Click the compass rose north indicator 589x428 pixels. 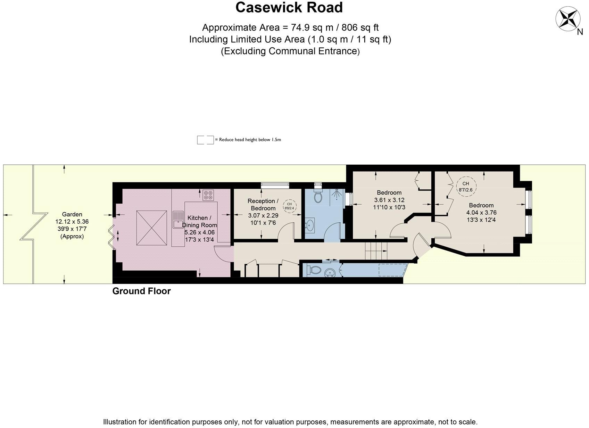pyautogui.click(x=568, y=19)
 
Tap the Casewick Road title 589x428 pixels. pyautogui.click(x=289, y=8)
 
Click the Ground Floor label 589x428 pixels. pyautogui.click(x=141, y=291)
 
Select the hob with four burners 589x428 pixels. pyautogui.click(x=208, y=195)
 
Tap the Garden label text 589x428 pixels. pyautogui.click(x=72, y=214)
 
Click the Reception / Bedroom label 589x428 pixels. pyautogui.click(x=263, y=205)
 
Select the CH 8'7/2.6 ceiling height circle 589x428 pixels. pyautogui.click(x=465, y=187)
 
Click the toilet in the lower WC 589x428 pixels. pyautogui.click(x=314, y=270)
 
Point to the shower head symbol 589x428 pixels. pyautogui.click(x=337, y=195)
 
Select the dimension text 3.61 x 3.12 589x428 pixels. pyautogui.click(x=389, y=200)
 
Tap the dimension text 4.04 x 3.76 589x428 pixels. pyautogui.click(x=481, y=213)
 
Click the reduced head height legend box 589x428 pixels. pyautogui.click(x=205, y=140)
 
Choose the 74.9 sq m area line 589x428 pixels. pyautogui.click(x=290, y=27)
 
